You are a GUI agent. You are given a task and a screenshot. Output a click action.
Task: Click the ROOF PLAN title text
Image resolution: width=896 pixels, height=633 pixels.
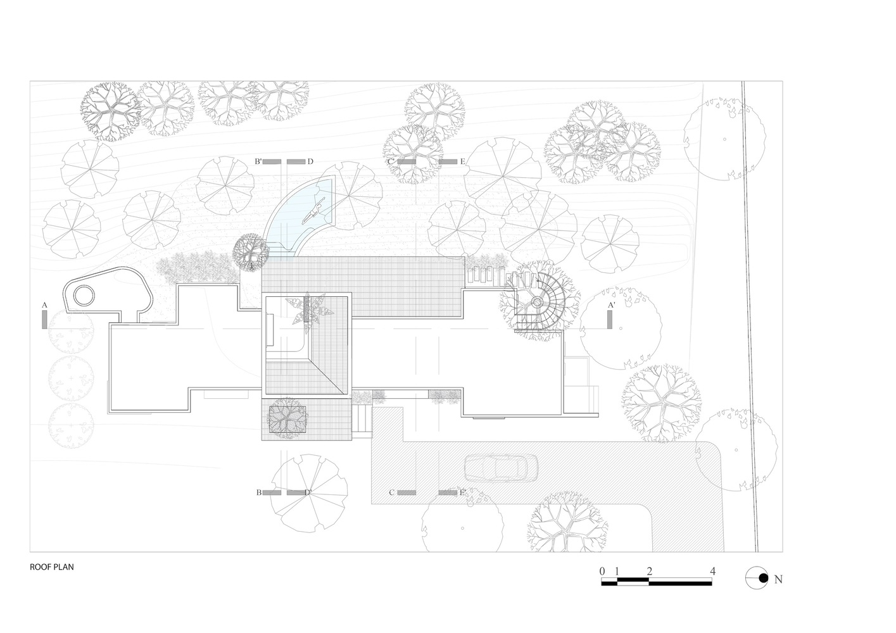pos(51,567)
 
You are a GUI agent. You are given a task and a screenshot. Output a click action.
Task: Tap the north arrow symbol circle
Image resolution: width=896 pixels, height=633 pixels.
pos(757,578)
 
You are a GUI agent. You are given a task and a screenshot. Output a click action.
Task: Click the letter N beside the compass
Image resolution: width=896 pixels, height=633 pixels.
pos(778,579)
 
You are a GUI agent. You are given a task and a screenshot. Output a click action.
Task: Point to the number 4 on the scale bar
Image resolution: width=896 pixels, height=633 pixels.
pos(712,572)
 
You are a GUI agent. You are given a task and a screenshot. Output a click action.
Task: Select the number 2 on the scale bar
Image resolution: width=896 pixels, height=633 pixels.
pos(649,572)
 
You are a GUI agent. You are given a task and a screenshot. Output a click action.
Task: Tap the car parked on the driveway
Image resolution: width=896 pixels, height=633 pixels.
pos(502,467)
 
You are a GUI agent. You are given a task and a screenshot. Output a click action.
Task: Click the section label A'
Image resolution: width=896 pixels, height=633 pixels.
pos(612,305)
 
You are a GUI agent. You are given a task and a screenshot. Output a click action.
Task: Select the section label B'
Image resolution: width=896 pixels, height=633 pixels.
pos(258,161)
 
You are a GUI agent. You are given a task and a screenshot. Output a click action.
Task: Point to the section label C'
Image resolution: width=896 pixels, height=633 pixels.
pos(391,161)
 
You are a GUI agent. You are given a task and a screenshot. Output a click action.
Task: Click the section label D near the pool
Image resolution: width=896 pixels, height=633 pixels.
pos(310,161)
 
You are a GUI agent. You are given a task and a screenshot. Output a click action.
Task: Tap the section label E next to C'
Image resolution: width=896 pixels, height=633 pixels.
pos(463,161)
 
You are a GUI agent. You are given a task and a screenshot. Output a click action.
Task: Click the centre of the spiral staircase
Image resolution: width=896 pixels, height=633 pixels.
pos(536,303)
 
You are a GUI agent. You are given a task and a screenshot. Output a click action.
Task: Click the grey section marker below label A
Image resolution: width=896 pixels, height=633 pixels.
pos(44,320)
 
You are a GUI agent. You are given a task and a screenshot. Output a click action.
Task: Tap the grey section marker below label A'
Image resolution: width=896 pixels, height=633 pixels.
pos(610,320)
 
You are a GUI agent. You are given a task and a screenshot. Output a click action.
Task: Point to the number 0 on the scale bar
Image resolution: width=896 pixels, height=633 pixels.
pos(602,572)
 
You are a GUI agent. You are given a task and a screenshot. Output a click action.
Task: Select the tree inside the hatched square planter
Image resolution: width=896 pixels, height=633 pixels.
pos(287,418)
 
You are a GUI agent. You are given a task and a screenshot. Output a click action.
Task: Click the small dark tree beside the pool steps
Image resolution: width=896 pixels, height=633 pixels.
pos(251,251)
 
